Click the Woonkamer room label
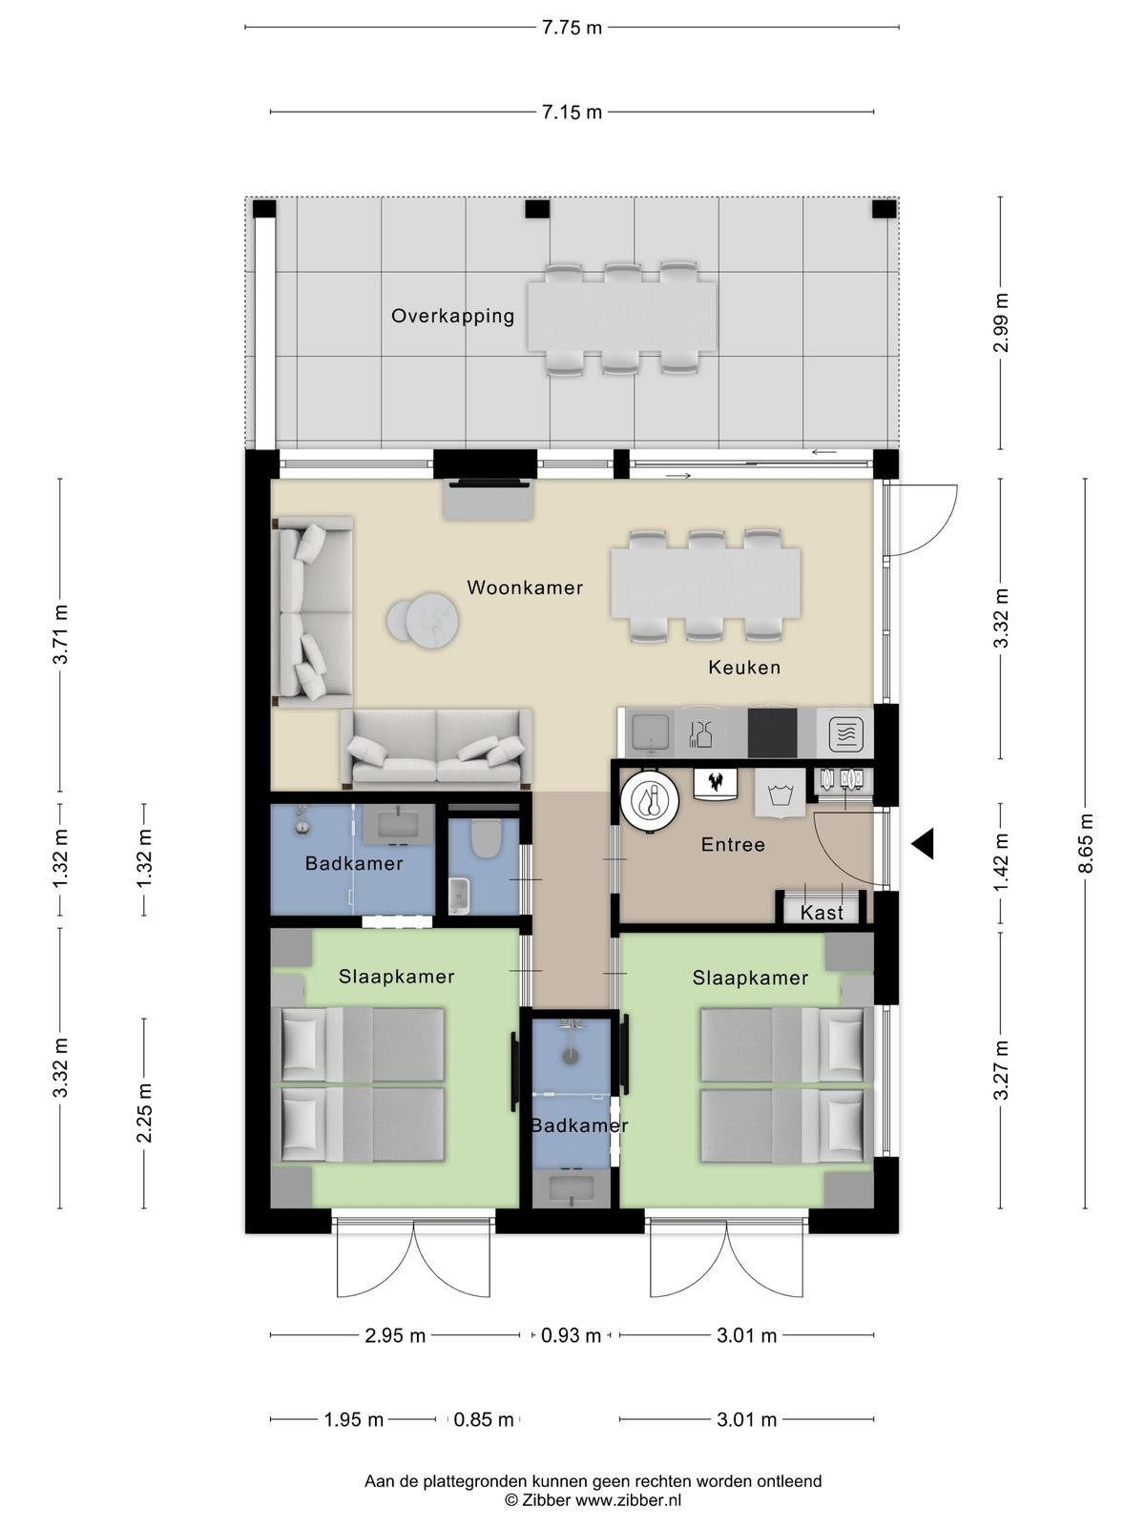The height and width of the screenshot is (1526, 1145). tap(524, 588)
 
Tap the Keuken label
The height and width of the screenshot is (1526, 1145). tap(744, 668)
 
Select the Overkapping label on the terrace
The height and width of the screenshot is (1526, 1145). tap(452, 317)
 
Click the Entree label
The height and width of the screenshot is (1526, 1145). tap(733, 845)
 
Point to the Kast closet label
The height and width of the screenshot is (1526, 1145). tap(821, 913)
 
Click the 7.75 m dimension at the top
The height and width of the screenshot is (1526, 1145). tap(572, 28)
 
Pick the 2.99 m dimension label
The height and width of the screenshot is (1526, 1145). tap(1000, 322)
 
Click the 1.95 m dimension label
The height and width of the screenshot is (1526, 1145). tap(354, 1419)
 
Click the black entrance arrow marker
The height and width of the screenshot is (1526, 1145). tap(923, 844)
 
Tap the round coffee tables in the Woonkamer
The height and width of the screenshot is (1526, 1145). tap(423, 620)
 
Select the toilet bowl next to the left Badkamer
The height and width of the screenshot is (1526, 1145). tap(485, 838)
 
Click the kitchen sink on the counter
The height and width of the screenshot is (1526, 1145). tap(649, 732)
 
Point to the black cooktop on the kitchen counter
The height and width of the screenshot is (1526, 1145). tap(772, 732)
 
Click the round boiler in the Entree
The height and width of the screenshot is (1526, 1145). tap(650, 801)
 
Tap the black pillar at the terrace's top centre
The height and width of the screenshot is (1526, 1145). tap(536, 209)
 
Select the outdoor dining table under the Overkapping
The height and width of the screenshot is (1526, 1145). tap(622, 317)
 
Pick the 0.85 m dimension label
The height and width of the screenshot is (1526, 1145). tap(483, 1419)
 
